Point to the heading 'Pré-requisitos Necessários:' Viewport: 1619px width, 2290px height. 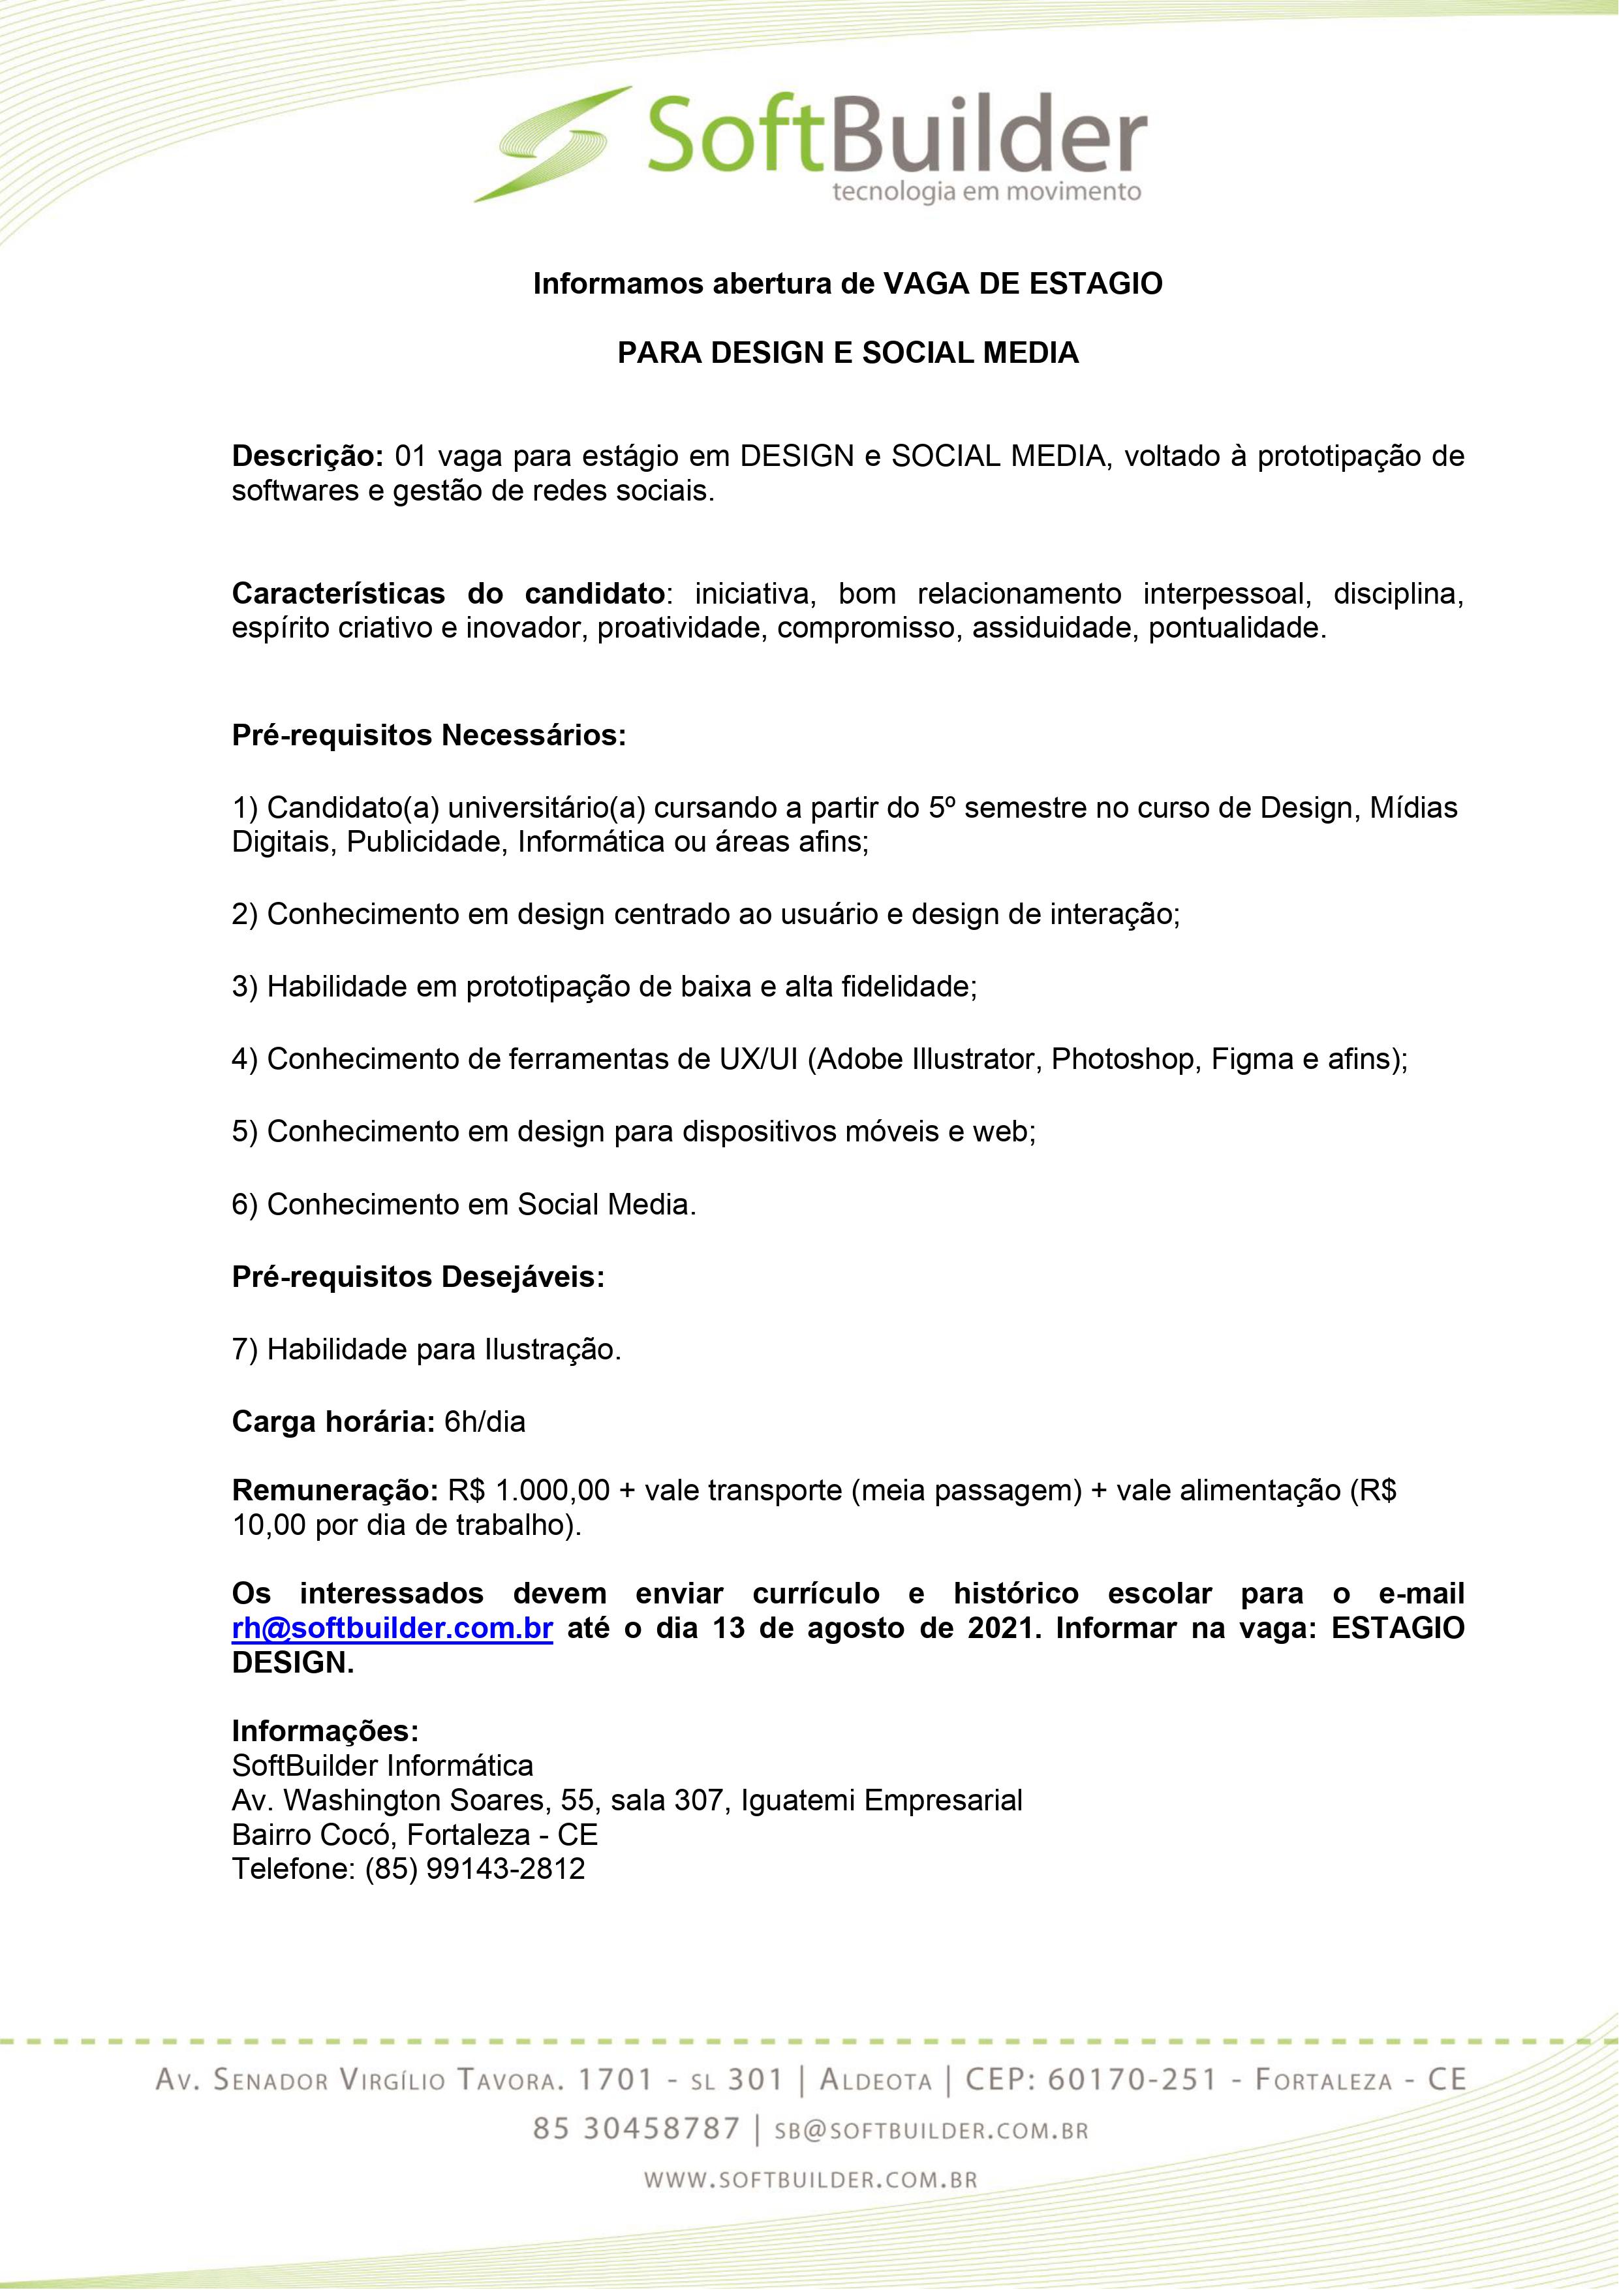pos(429,736)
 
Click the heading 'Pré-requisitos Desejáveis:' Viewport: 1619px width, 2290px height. pos(418,1278)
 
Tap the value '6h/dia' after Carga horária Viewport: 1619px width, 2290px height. pos(485,1422)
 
